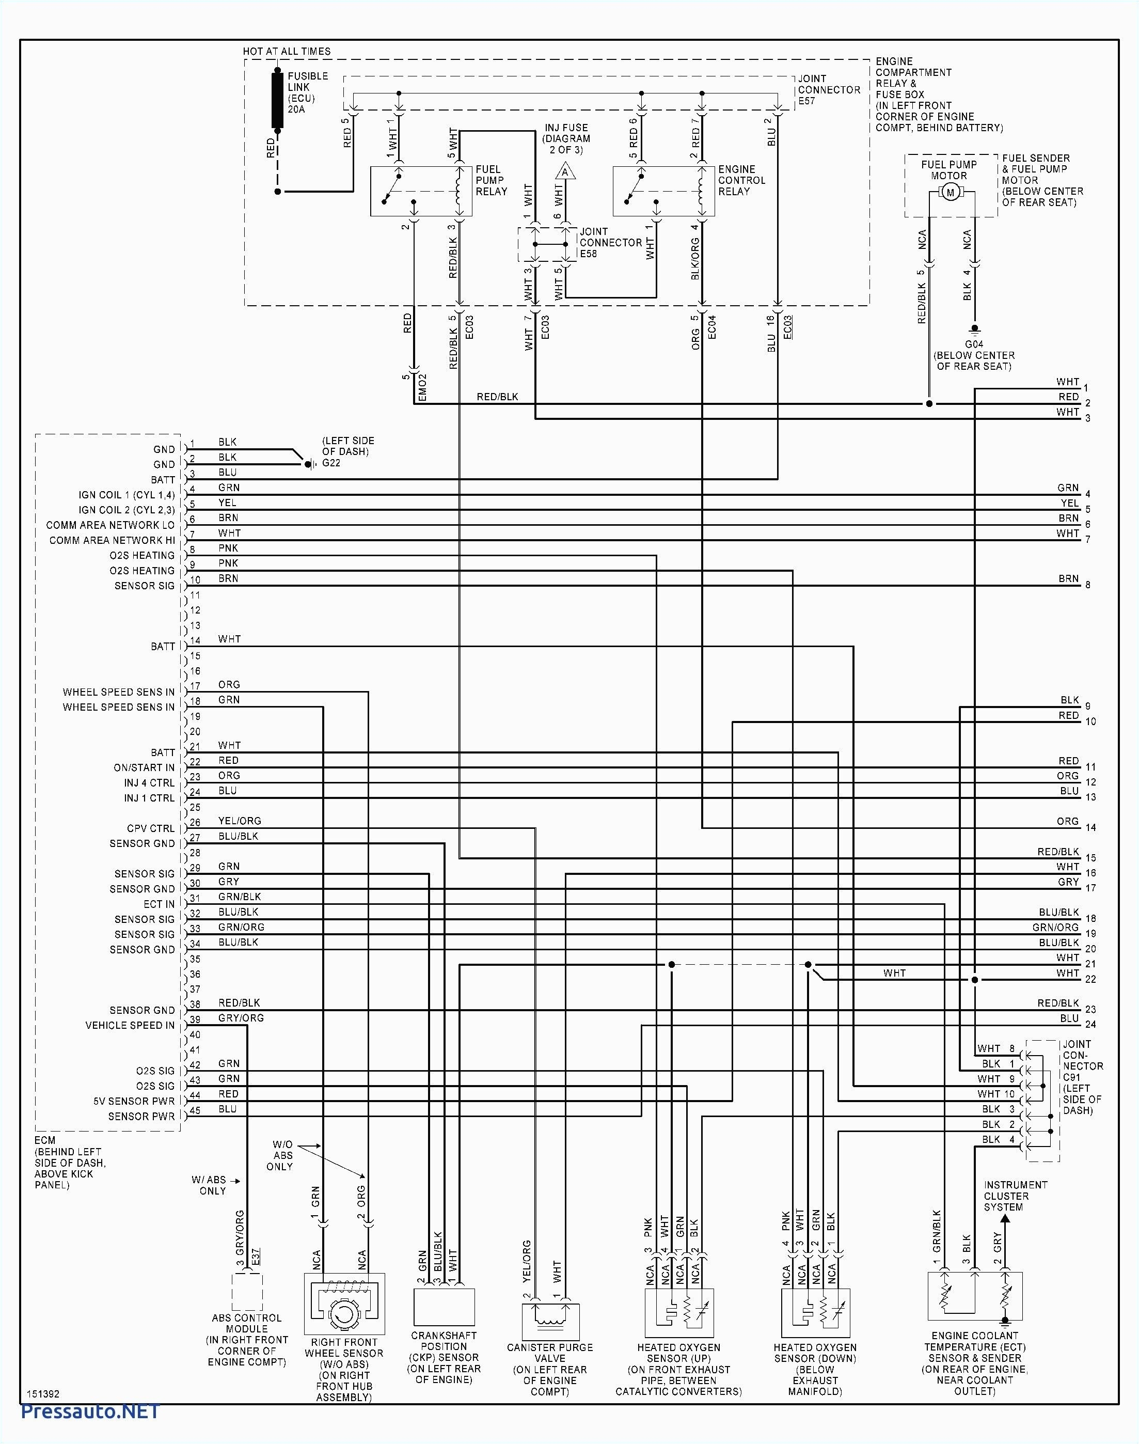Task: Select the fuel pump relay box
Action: [x=421, y=192]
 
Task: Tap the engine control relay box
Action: [x=663, y=192]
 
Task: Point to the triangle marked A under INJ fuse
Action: [x=565, y=172]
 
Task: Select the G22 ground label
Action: [x=331, y=462]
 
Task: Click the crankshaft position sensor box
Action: [x=444, y=1307]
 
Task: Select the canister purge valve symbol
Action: [x=550, y=1321]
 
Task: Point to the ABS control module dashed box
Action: [x=247, y=1293]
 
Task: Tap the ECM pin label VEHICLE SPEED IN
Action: [x=130, y=1025]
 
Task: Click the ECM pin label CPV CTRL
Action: [x=151, y=828]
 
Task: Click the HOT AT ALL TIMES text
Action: [x=286, y=51]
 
